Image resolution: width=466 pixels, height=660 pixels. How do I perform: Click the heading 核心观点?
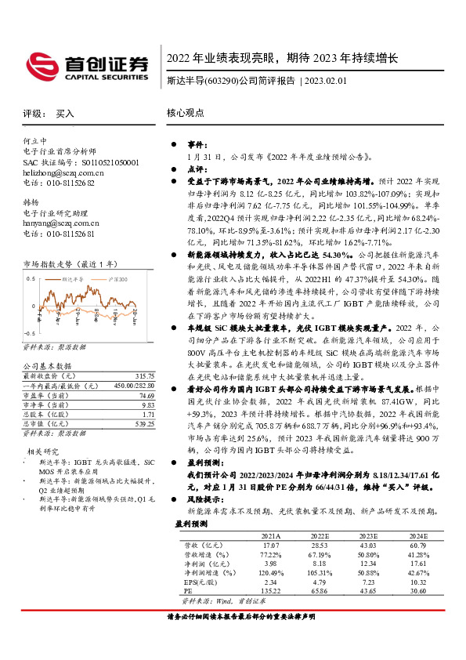tap(185, 113)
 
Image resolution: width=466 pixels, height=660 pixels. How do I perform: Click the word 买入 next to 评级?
tap(64, 114)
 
